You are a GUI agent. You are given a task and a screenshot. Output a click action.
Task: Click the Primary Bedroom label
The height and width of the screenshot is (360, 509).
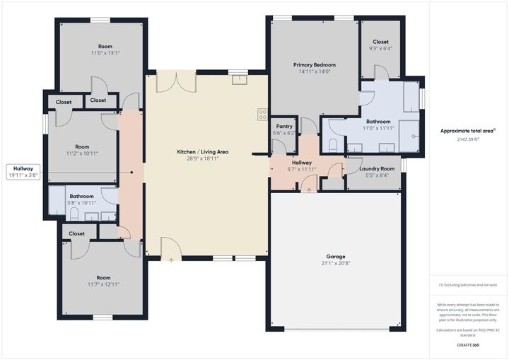tap(314, 64)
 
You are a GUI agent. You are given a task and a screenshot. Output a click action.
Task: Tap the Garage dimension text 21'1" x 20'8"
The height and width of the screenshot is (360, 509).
tap(335, 263)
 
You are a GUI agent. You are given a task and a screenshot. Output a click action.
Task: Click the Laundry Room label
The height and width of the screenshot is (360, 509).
tap(377, 169)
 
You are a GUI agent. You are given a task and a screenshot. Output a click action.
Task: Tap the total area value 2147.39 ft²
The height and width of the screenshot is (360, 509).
tap(468, 139)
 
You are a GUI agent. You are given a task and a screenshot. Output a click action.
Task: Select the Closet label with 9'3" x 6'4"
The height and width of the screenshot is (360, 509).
tap(380, 49)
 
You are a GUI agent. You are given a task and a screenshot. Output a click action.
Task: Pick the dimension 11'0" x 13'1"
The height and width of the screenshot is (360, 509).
tap(105, 53)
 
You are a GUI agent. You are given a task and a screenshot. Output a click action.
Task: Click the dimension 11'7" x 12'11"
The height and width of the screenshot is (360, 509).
tap(103, 284)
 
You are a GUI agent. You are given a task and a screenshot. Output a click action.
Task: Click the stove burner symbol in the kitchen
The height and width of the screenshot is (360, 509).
tap(262, 113)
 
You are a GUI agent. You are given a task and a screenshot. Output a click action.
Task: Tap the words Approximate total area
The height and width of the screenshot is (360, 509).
tap(468, 131)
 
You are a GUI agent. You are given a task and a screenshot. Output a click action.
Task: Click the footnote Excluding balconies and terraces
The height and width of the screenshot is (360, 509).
tap(468, 284)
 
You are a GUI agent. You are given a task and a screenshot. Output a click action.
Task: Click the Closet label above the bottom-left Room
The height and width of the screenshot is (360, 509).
tap(76, 233)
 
